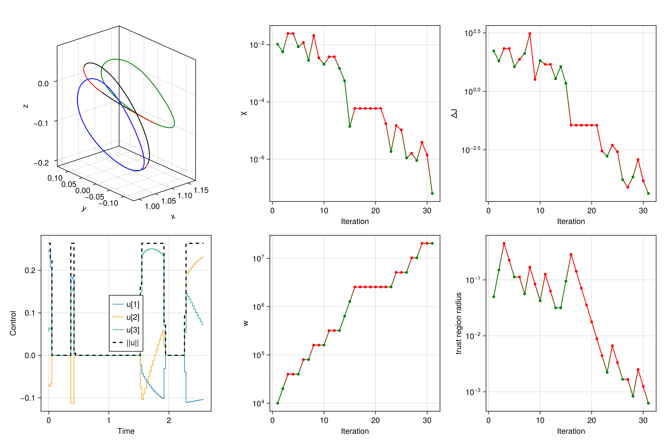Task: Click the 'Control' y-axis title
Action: (x=13, y=323)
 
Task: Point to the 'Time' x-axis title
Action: (x=126, y=431)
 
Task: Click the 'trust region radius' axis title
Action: (x=459, y=323)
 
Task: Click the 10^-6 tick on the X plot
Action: (x=257, y=159)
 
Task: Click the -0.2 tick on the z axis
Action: (x=41, y=163)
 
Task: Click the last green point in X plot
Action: (x=432, y=193)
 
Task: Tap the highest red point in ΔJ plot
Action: (x=530, y=33)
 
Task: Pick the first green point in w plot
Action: (x=277, y=403)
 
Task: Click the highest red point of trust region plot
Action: (x=504, y=243)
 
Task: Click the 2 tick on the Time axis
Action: (x=169, y=421)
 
